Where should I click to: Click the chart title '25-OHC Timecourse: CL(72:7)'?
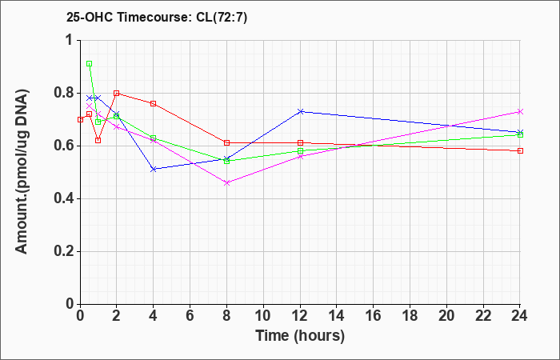coord(157,18)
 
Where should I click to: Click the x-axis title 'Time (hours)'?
coord(300,336)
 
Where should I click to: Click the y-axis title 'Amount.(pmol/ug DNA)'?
coord(22,171)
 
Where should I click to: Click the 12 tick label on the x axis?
coord(300,316)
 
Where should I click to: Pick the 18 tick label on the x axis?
coord(410,316)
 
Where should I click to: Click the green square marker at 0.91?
coord(90,63)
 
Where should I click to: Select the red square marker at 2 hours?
coord(117,94)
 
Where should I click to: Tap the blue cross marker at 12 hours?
coord(300,111)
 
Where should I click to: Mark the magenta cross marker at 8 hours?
coord(226,183)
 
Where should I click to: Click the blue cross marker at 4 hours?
coord(154,170)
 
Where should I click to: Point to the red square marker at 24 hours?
coord(520,150)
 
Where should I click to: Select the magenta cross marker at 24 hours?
coord(520,111)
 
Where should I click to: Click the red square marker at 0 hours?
coord(80,119)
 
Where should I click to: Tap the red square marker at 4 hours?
coord(154,103)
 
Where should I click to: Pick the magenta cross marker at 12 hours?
coord(300,157)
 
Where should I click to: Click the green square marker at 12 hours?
coord(300,150)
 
